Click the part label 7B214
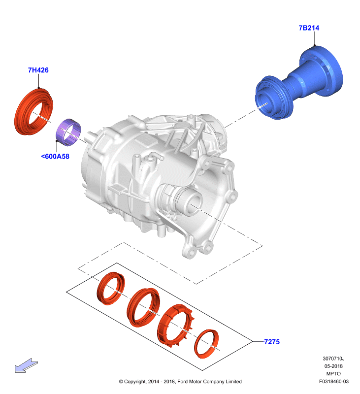309,28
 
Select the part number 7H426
38,70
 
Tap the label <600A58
55,156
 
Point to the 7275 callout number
272,342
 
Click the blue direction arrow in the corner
26,365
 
